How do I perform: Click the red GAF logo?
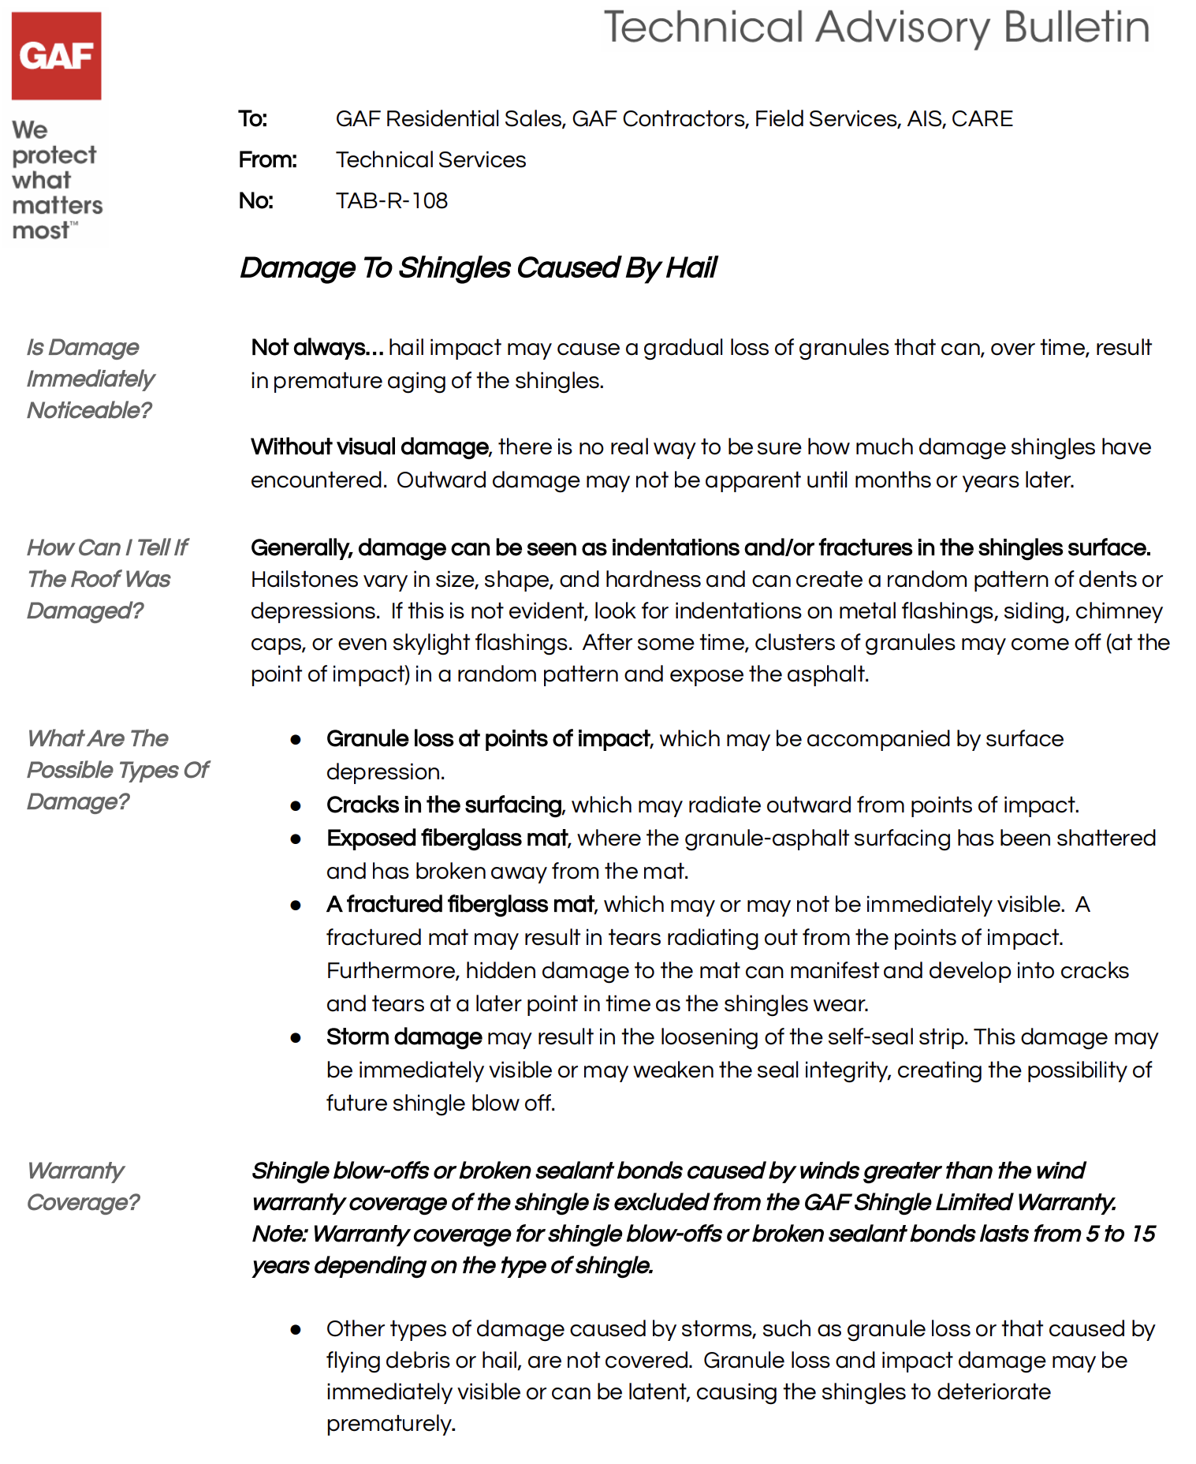click(56, 55)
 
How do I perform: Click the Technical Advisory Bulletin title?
click(876, 28)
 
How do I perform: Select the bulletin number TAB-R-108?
click(392, 201)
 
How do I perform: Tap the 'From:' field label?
click(267, 160)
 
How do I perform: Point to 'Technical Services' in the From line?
click(430, 160)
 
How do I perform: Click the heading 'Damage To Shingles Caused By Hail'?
click(478, 268)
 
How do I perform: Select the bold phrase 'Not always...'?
click(317, 348)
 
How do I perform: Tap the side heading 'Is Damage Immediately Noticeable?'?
click(91, 379)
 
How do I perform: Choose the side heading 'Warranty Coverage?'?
click(83, 1186)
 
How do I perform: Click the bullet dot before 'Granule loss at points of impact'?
click(296, 740)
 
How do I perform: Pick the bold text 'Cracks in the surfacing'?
click(444, 805)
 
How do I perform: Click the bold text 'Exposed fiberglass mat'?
click(447, 838)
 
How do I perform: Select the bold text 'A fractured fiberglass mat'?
click(460, 905)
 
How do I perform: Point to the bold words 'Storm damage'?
click(404, 1037)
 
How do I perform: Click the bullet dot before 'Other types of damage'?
click(296, 1330)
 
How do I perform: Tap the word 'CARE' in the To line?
click(982, 119)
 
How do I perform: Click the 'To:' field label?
click(253, 119)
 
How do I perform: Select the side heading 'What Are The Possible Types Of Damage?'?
click(117, 770)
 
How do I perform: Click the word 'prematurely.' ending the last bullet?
click(391, 1425)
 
